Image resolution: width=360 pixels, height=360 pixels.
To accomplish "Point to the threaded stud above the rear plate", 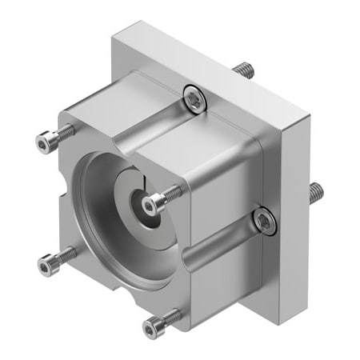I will pos(245,70).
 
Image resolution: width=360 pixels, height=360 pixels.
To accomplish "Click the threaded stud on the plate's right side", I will pos(316,192).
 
